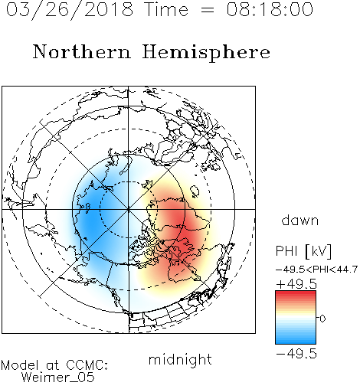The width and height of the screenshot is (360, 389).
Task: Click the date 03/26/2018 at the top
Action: tap(70, 10)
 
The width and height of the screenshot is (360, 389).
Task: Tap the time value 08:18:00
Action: tap(270, 9)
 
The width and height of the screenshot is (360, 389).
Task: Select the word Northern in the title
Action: tap(82, 51)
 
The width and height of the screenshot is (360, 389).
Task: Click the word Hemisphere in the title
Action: tap(206, 53)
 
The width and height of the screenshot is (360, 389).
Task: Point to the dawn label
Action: tap(300, 220)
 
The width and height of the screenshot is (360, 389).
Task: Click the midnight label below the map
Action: tap(180, 359)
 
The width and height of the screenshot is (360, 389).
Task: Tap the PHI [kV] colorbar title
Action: tap(303, 251)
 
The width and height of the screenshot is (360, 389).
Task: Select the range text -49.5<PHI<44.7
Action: tap(316, 270)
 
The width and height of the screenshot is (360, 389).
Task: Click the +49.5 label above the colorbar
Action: tap(296, 284)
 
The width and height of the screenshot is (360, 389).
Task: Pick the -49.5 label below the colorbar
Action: tap(296, 354)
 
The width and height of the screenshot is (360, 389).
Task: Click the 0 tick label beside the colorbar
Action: tap(322, 319)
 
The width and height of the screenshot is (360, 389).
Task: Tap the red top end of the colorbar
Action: tap(296, 293)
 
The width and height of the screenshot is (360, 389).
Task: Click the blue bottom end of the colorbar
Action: tap(296, 341)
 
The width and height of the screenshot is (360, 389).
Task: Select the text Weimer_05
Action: tap(57, 378)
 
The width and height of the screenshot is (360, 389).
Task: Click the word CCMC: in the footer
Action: tap(87, 365)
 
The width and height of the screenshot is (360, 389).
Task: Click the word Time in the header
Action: tap(166, 9)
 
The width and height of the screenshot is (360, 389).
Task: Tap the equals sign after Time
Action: tap(208, 10)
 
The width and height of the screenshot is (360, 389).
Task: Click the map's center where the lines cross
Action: tap(128, 209)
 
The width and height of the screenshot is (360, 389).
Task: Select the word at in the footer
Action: tap(53, 365)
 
